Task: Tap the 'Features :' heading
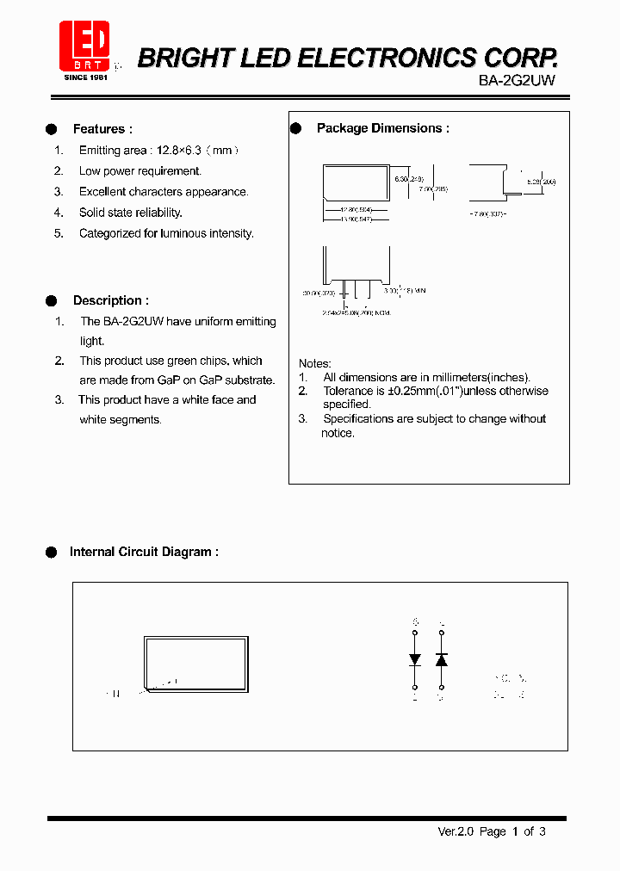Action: click(102, 129)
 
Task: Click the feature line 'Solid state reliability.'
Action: click(130, 213)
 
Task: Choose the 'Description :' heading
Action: click(110, 300)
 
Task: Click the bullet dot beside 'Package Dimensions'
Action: click(295, 128)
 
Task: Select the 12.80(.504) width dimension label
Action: click(356, 209)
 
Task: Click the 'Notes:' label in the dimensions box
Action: click(314, 363)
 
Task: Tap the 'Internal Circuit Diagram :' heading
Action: click(143, 552)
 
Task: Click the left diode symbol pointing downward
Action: click(415, 659)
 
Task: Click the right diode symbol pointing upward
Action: click(441, 659)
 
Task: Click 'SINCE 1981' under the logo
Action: click(86, 77)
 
